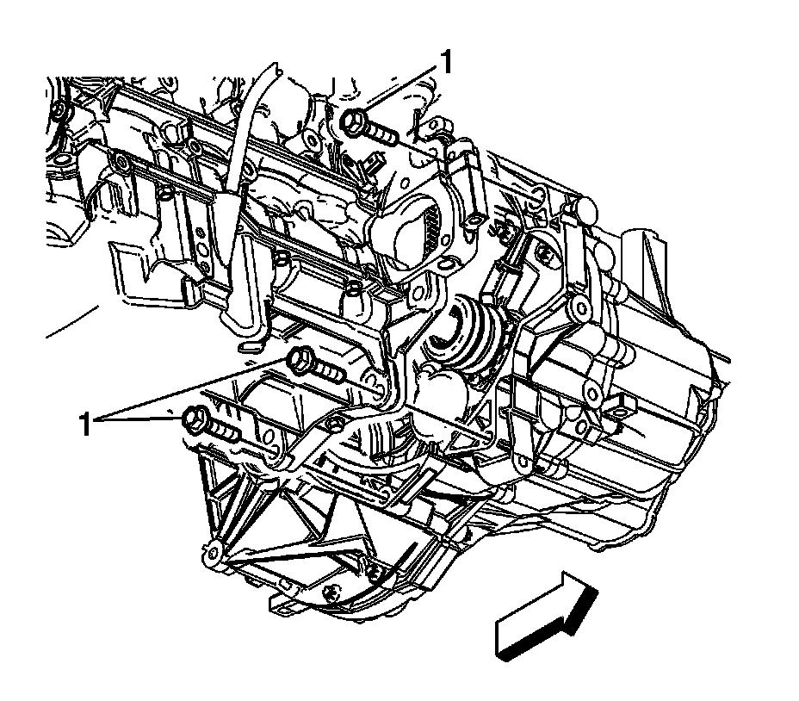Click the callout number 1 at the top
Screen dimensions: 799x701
(x=446, y=63)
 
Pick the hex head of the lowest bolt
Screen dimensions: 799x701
(x=194, y=420)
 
